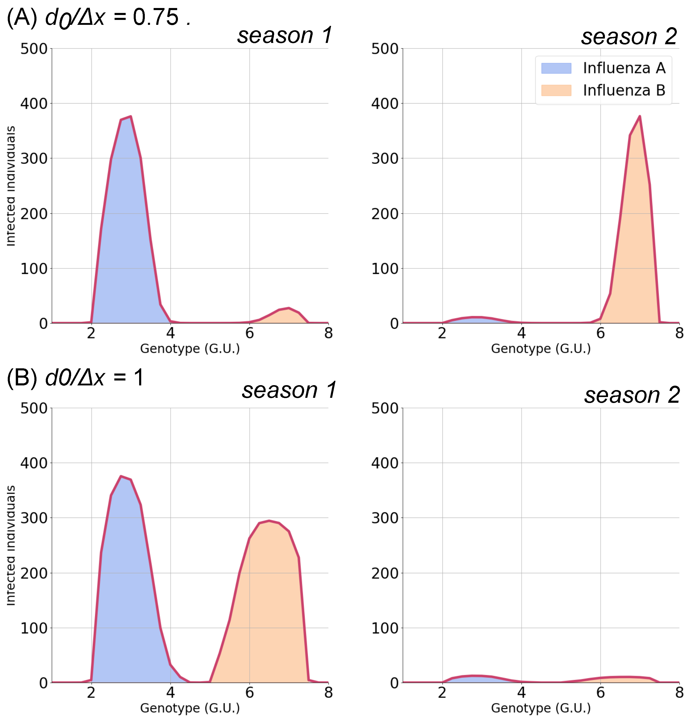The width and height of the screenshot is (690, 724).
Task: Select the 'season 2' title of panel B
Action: [x=632, y=395]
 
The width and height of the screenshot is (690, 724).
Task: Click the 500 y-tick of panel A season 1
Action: [x=34, y=49]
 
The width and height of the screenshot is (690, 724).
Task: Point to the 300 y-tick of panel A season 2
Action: [x=385, y=159]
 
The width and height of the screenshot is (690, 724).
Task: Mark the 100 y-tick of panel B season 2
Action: [x=385, y=628]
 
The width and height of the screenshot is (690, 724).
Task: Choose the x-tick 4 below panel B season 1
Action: [x=170, y=693]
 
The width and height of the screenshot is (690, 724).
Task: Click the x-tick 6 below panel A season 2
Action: [x=600, y=334]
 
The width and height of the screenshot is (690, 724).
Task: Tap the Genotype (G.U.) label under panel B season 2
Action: [x=541, y=708]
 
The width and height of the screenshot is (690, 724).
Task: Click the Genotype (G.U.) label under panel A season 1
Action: [x=190, y=349]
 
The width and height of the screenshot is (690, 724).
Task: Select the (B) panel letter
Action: [x=22, y=378]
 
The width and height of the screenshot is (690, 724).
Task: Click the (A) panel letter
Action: [x=22, y=18]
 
